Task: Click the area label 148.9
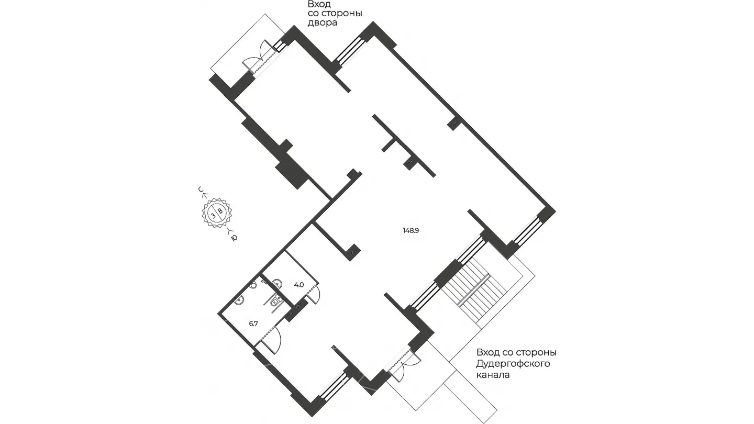click(411, 230)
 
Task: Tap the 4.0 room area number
click(299, 285)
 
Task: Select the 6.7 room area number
click(253, 323)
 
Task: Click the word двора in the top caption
click(322, 23)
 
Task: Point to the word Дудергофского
click(513, 364)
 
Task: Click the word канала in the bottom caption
click(493, 375)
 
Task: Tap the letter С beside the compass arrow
click(201, 189)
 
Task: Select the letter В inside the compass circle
click(220, 211)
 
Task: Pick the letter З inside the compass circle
click(214, 216)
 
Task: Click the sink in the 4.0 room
click(277, 283)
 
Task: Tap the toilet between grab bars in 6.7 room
click(275, 300)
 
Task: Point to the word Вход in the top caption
click(319, 5)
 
